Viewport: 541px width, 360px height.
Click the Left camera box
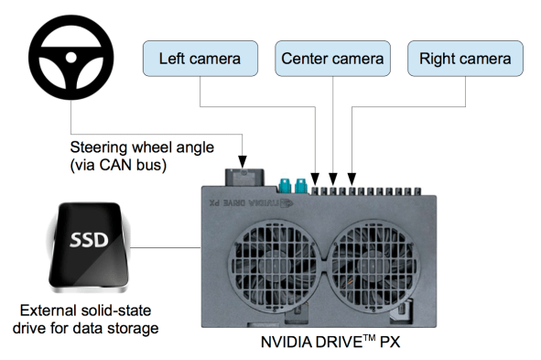(x=200, y=60)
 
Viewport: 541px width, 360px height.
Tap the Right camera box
(x=465, y=60)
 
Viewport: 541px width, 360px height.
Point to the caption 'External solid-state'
(x=93, y=309)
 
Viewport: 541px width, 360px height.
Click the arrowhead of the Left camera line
(x=316, y=177)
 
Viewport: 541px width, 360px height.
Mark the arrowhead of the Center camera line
(x=333, y=177)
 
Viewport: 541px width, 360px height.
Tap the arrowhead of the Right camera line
(x=352, y=177)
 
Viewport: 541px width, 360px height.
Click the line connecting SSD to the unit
(x=169, y=246)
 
